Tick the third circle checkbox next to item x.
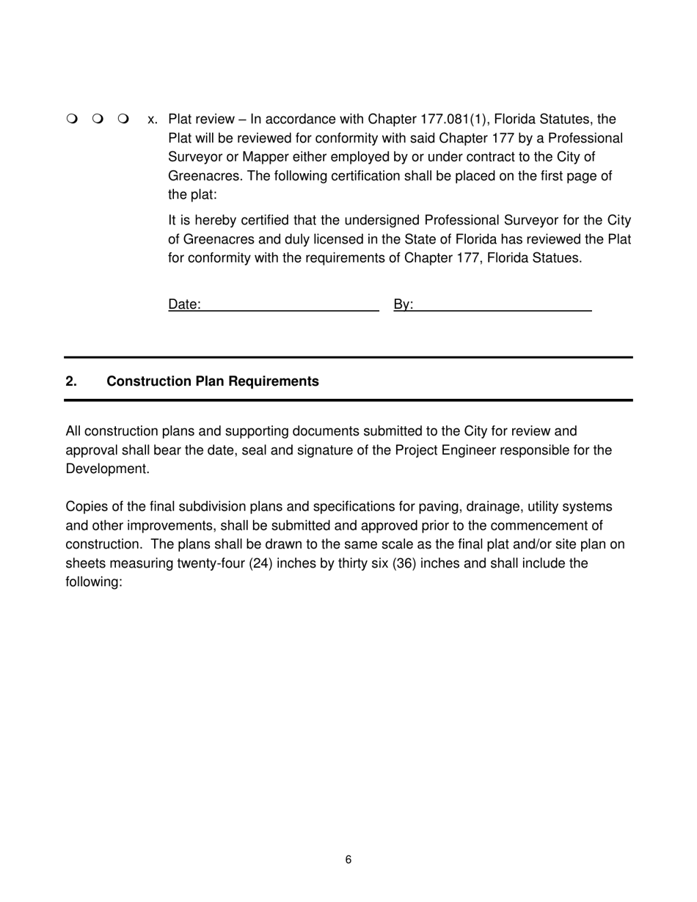click(x=123, y=119)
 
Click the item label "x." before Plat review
click(x=153, y=120)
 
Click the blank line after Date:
click(x=290, y=306)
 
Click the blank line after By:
click(x=503, y=306)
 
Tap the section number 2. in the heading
click(x=71, y=381)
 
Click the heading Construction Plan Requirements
click(x=213, y=381)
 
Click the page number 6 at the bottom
click(x=348, y=860)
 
